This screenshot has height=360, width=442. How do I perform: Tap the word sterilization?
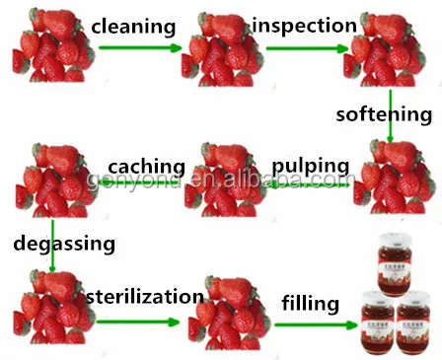145,297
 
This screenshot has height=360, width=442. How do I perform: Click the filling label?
309,302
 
